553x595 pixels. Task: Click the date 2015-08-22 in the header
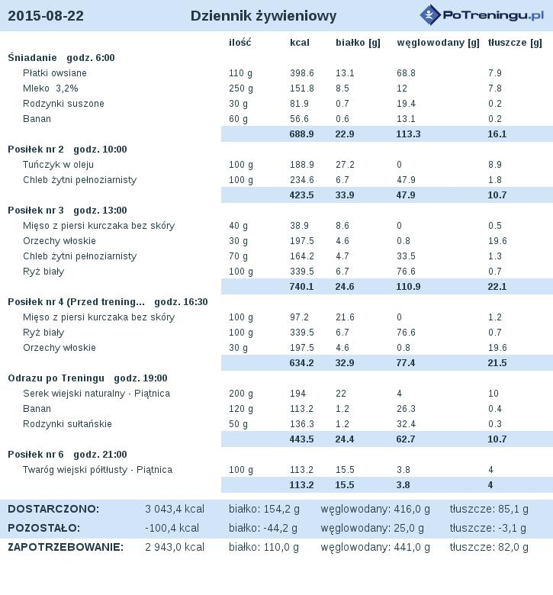pos(46,15)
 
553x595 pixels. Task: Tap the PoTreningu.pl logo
pos(481,15)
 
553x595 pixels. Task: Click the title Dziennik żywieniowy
pos(263,16)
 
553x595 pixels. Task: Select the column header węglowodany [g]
pos(438,43)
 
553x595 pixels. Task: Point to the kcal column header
pos(300,43)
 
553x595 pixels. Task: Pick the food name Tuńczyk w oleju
pos(58,165)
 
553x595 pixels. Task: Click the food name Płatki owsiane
pos(55,73)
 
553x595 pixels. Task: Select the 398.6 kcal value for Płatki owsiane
pos(302,73)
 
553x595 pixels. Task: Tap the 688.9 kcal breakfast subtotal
pos(301,134)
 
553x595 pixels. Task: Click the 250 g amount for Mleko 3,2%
pos(240,88)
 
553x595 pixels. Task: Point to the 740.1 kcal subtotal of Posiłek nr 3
pos(301,287)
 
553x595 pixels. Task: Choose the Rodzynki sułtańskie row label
pos(67,424)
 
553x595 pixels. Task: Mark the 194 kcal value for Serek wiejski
pos(298,394)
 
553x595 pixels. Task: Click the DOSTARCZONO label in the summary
pos(53,509)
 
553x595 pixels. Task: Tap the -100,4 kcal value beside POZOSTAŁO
pos(172,528)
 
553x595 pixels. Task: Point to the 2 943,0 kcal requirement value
pos(175,547)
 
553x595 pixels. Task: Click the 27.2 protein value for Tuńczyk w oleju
pos(345,165)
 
